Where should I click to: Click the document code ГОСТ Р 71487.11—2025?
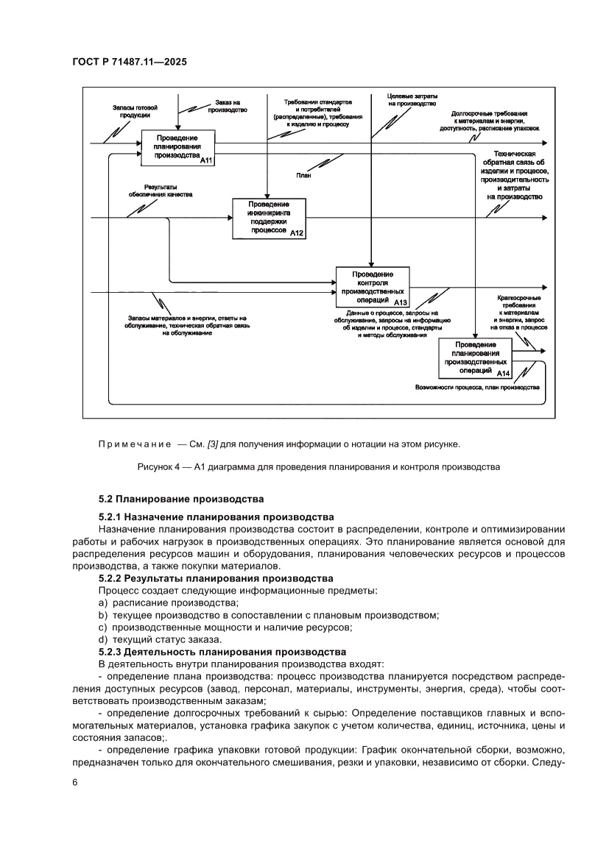click(129, 63)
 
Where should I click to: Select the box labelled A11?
click(178, 147)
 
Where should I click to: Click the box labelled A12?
click(269, 218)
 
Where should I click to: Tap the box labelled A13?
click(373, 287)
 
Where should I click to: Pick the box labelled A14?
click(475, 358)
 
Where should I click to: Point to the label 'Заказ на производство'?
click(228, 106)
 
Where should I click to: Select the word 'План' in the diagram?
click(303, 176)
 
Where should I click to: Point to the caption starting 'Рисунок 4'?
click(318, 466)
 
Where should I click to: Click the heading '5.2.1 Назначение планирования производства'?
click(216, 517)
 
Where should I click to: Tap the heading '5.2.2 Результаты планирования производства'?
click(215, 579)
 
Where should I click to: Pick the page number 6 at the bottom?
click(74, 782)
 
